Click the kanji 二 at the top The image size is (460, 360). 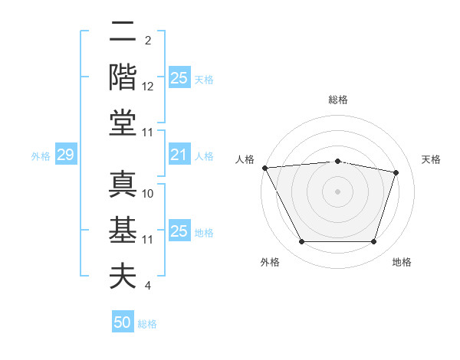[123, 32]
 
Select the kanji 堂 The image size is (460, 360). [123, 123]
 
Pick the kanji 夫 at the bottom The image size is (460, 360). [123, 276]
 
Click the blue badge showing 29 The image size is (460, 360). [65, 155]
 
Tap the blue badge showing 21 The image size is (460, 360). [179, 155]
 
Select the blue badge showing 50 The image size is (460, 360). [123, 322]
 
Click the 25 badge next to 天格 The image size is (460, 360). [179, 78]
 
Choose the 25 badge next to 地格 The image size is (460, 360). [179, 231]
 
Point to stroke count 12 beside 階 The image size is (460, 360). [149, 87]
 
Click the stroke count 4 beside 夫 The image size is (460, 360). [148, 286]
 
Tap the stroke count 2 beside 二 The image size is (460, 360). [148, 41]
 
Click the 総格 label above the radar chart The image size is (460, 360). [337, 100]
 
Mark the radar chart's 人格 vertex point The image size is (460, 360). [264, 168]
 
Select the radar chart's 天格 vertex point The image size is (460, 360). [396, 172]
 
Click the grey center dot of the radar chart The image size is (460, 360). [337, 191]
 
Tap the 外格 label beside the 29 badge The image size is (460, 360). [41, 156]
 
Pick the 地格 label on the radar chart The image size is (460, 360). [402, 262]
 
